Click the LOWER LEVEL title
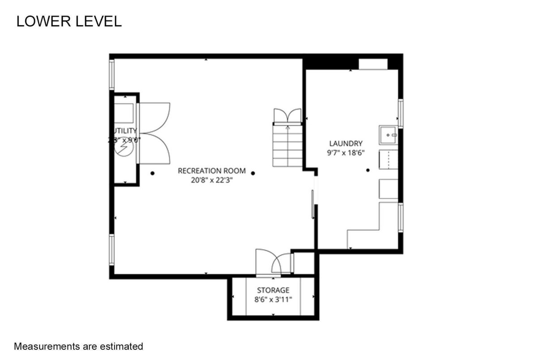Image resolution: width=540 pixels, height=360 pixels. coord(69,21)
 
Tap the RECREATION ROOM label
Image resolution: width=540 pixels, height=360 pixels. coord(211,171)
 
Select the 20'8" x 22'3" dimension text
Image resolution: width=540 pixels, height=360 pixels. coord(211,180)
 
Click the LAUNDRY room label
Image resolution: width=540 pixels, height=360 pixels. coord(345,144)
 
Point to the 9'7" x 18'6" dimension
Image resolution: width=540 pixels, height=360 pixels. coord(345,153)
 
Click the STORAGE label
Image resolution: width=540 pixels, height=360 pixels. coord(273,290)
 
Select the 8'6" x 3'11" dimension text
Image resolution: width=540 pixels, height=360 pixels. coord(273,299)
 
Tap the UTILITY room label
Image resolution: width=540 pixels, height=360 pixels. coord(124,130)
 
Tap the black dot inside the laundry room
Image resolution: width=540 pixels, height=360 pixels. coord(368,170)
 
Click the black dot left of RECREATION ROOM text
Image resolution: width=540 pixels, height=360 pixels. coord(153,173)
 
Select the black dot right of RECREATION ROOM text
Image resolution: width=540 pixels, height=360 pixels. coord(253,173)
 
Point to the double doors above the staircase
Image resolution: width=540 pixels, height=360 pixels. coord(287,115)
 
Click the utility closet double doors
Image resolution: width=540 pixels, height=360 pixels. coord(154,133)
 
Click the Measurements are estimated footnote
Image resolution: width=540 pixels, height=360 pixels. coord(78,346)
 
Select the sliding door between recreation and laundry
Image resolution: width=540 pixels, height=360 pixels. coord(313,204)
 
